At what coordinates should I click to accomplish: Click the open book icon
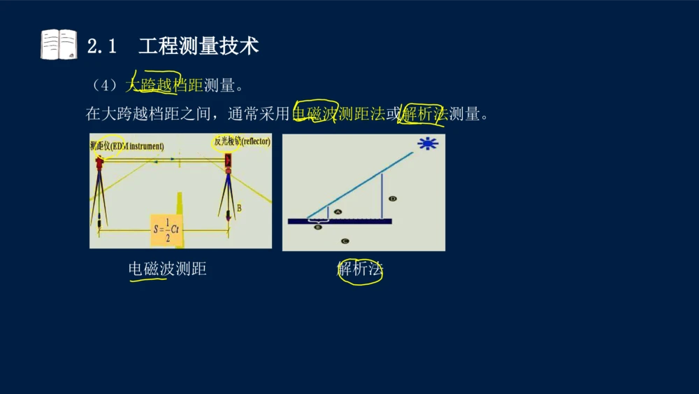tap(59, 45)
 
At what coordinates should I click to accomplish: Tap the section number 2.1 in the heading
tap(101, 46)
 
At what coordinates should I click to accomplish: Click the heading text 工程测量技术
tap(199, 46)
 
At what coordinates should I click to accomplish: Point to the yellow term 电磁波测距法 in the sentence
tap(339, 114)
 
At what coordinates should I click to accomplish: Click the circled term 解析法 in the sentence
tap(424, 114)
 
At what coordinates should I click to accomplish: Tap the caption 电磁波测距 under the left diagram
tap(167, 269)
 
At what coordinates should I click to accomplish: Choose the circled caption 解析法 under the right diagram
tap(360, 269)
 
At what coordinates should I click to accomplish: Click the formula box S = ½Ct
tap(167, 229)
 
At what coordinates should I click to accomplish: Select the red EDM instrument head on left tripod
tap(100, 162)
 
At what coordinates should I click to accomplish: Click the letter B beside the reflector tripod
tap(239, 208)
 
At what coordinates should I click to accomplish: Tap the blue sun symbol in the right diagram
tap(426, 144)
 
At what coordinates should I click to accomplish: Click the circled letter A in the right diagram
tap(338, 211)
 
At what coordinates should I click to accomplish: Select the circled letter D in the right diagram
tap(393, 199)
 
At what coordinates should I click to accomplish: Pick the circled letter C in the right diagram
tap(345, 241)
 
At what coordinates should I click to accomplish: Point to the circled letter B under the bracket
tap(318, 227)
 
